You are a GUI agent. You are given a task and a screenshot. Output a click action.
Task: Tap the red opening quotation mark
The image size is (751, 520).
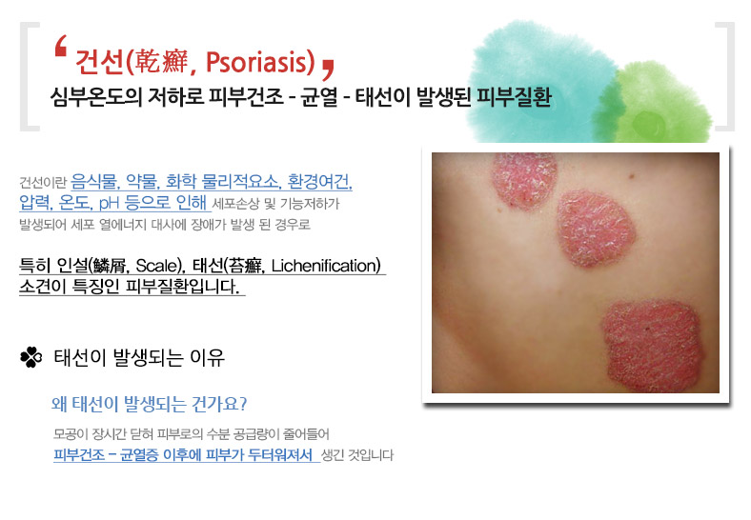tap(60, 47)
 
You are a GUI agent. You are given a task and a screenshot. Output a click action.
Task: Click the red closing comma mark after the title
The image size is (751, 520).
tap(328, 70)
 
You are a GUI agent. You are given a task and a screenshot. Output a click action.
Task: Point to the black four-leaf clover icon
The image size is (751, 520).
tap(31, 357)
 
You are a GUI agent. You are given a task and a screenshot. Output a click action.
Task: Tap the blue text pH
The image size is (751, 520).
tap(110, 203)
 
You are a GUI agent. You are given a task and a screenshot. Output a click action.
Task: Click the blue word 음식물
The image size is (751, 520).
tap(94, 182)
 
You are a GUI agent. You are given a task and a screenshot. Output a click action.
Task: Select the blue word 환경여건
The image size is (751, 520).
tap(319, 182)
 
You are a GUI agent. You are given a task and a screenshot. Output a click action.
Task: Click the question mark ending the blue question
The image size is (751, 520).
tap(242, 404)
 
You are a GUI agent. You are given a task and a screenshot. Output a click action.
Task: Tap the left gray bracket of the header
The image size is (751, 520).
tap(30, 76)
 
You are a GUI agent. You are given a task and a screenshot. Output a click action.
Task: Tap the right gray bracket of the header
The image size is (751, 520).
tap(724, 76)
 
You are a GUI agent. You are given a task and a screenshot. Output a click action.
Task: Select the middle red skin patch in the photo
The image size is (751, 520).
tap(597, 229)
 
